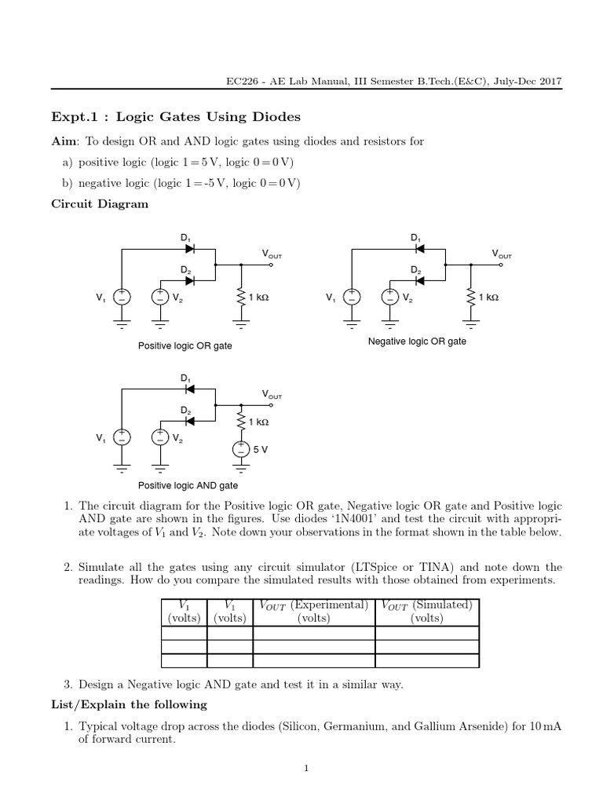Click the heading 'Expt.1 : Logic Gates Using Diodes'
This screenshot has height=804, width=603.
pyautogui.click(x=175, y=117)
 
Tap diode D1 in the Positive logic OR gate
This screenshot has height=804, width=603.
pyautogui.click(x=189, y=249)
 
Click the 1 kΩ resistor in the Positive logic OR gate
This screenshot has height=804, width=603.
pyautogui.click(x=240, y=297)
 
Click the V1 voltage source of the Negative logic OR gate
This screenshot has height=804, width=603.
pyautogui.click(x=352, y=297)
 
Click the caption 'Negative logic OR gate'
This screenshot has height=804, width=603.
pyautogui.click(x=417, y=342)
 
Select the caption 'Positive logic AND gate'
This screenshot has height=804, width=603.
pyautogui.click(x=188, y=486)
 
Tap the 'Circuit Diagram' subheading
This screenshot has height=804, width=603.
pyautogui.click(x=99, y=203)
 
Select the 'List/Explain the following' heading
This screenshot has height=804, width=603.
pyautogui.click(x=129, y=704)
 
